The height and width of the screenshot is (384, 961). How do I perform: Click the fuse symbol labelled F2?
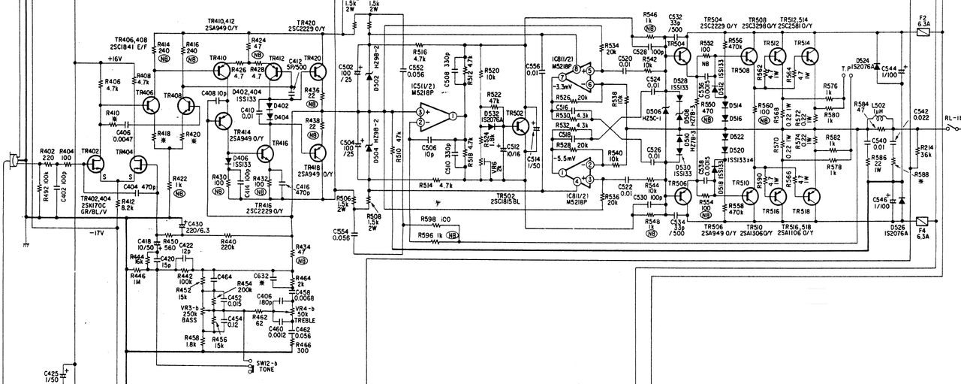(x=922, y=34)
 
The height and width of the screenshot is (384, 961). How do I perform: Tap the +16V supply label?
(x=114, y=58)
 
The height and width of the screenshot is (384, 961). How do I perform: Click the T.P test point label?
(x=846, y=68)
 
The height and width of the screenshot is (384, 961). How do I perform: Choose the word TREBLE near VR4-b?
(x=304, y=320)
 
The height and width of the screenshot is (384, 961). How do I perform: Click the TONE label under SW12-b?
(x=269, y=370)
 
